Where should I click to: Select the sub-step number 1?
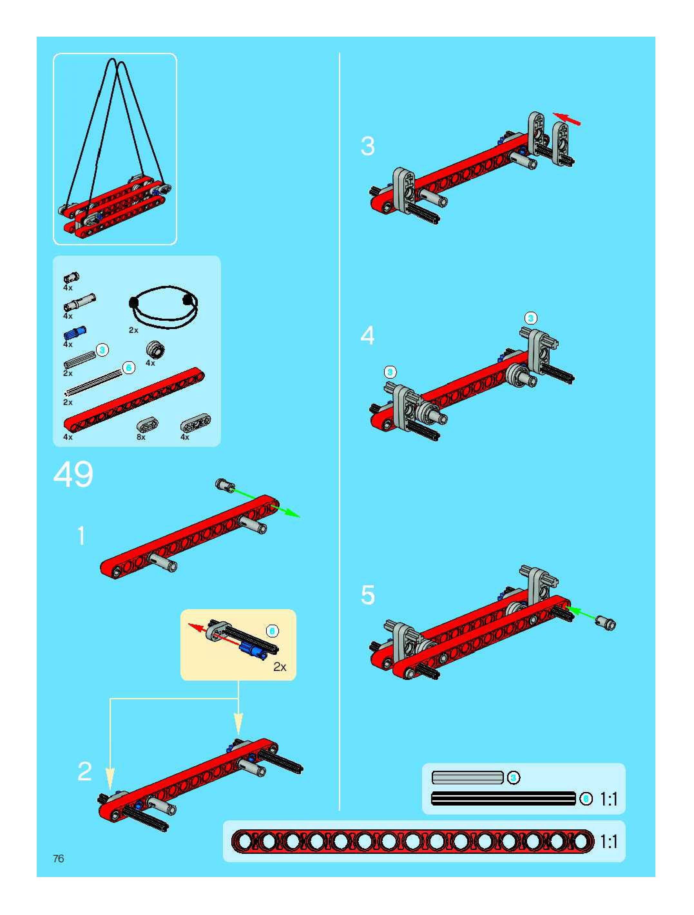click(82, 536)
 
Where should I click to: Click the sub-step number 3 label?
click(368, 146)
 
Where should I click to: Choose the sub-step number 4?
click(368, 335)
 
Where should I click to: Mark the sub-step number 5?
click(368, 595)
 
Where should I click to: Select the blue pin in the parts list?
click(75, 333)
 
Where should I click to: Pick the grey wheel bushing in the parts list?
click(156, 350)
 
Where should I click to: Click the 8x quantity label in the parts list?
click(141, 437)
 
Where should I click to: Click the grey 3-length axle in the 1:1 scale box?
click(467, 778)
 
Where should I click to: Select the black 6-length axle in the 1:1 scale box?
click(503, 799)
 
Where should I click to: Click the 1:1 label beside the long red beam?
click(609, 842)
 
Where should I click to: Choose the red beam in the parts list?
click(134, 400)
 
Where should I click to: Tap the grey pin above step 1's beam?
click(226, 485)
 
